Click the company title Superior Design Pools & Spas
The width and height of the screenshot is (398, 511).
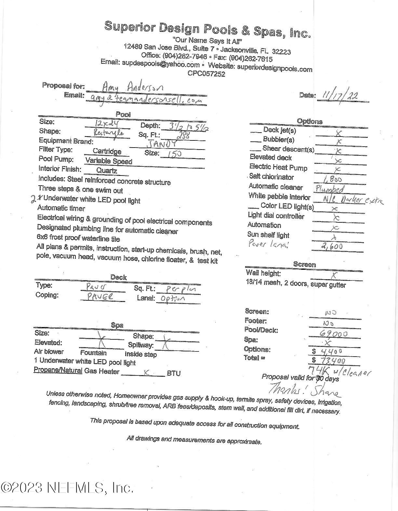207,29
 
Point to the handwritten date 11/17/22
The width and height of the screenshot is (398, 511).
340,96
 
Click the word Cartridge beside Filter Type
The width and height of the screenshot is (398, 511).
107,151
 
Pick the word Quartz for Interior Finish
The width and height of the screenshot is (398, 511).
106,170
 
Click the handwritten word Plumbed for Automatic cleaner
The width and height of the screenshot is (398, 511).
329,189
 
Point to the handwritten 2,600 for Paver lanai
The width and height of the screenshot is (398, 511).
332,246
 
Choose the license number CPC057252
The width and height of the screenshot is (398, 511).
206,74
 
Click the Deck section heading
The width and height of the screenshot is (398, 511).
118,277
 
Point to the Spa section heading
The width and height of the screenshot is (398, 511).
117,325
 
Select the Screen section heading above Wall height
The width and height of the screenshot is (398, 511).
304,264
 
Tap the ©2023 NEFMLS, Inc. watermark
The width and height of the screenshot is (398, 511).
67,488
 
